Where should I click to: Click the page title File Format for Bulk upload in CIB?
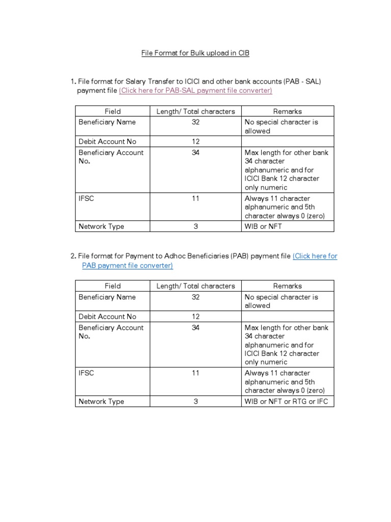coord(195,53)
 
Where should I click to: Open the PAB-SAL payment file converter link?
coord(195,90)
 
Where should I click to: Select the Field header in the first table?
coord(113,111)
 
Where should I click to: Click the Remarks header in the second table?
coord(287,286)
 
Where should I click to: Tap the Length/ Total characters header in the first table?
coord(195,111)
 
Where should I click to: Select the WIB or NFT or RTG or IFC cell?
coord(286,401)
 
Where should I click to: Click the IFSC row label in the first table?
coord(87,198)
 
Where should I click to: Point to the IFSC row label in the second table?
coord(87,373)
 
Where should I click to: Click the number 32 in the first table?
coord(195,122)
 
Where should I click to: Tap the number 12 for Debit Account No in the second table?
coord(195,317)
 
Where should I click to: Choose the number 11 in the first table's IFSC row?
coord(195,198)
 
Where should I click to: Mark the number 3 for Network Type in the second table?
coord(195,401)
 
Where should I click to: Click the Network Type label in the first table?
coord(101,226)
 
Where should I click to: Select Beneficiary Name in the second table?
coord(107,297)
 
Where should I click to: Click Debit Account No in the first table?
coord(107,142)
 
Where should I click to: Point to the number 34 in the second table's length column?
coord(195,328)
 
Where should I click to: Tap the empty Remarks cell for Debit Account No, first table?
coord(287,142)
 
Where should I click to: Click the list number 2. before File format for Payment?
coord(74,256)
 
